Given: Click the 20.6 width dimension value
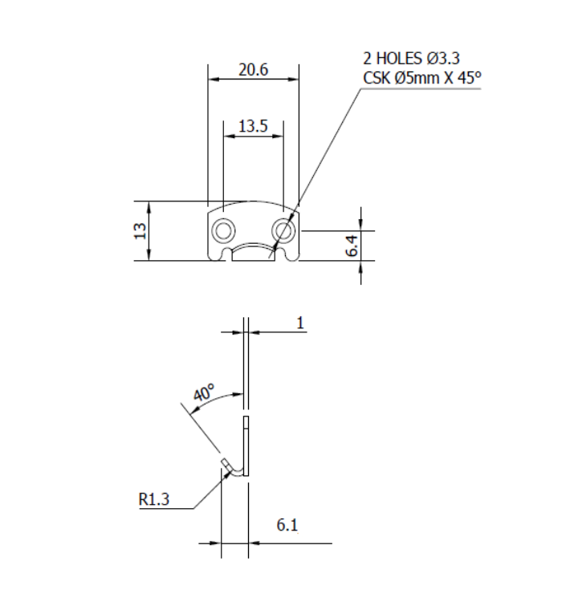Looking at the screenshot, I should [253, 70].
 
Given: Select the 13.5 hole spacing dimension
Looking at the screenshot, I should [253, 126].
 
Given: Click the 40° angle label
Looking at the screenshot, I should [204, 394].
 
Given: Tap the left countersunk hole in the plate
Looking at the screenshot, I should [221, 231].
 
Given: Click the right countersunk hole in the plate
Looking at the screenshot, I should [283, 231].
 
